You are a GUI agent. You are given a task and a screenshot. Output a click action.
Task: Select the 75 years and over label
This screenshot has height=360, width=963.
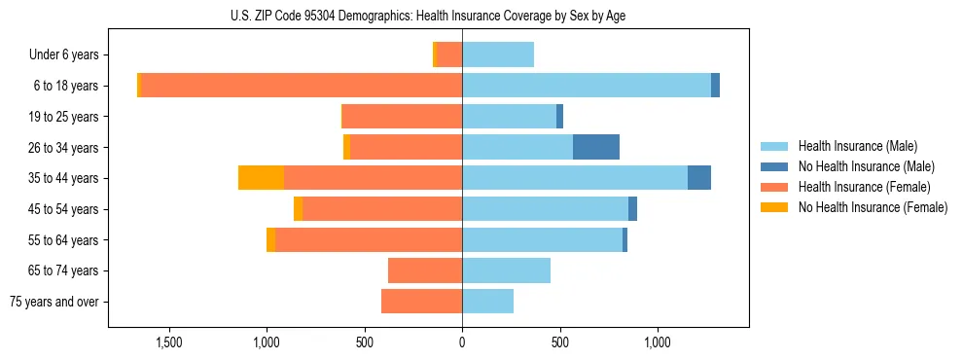54,302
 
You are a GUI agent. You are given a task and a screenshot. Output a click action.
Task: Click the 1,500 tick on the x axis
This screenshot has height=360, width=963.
169,342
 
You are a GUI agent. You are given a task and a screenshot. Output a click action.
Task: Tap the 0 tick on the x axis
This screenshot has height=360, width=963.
462,342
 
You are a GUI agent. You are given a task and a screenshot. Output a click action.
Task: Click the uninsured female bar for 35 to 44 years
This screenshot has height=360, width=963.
261,178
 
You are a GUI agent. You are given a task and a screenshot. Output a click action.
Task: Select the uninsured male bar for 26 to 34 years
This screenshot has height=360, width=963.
596,147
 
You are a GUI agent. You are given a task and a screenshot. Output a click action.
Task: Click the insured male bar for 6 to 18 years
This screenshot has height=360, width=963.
587,86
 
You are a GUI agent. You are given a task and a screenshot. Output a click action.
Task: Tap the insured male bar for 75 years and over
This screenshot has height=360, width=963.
487,302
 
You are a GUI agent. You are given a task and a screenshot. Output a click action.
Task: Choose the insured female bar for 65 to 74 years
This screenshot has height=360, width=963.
425,270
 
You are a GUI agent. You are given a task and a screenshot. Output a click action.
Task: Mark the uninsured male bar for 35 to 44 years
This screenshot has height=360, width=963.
699,178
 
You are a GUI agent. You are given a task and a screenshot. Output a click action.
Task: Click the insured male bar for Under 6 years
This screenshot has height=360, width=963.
498,54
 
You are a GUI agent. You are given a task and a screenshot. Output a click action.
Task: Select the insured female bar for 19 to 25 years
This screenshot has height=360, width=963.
402,117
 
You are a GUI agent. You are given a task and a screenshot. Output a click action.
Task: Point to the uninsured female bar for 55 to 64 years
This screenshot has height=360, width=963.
270,239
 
